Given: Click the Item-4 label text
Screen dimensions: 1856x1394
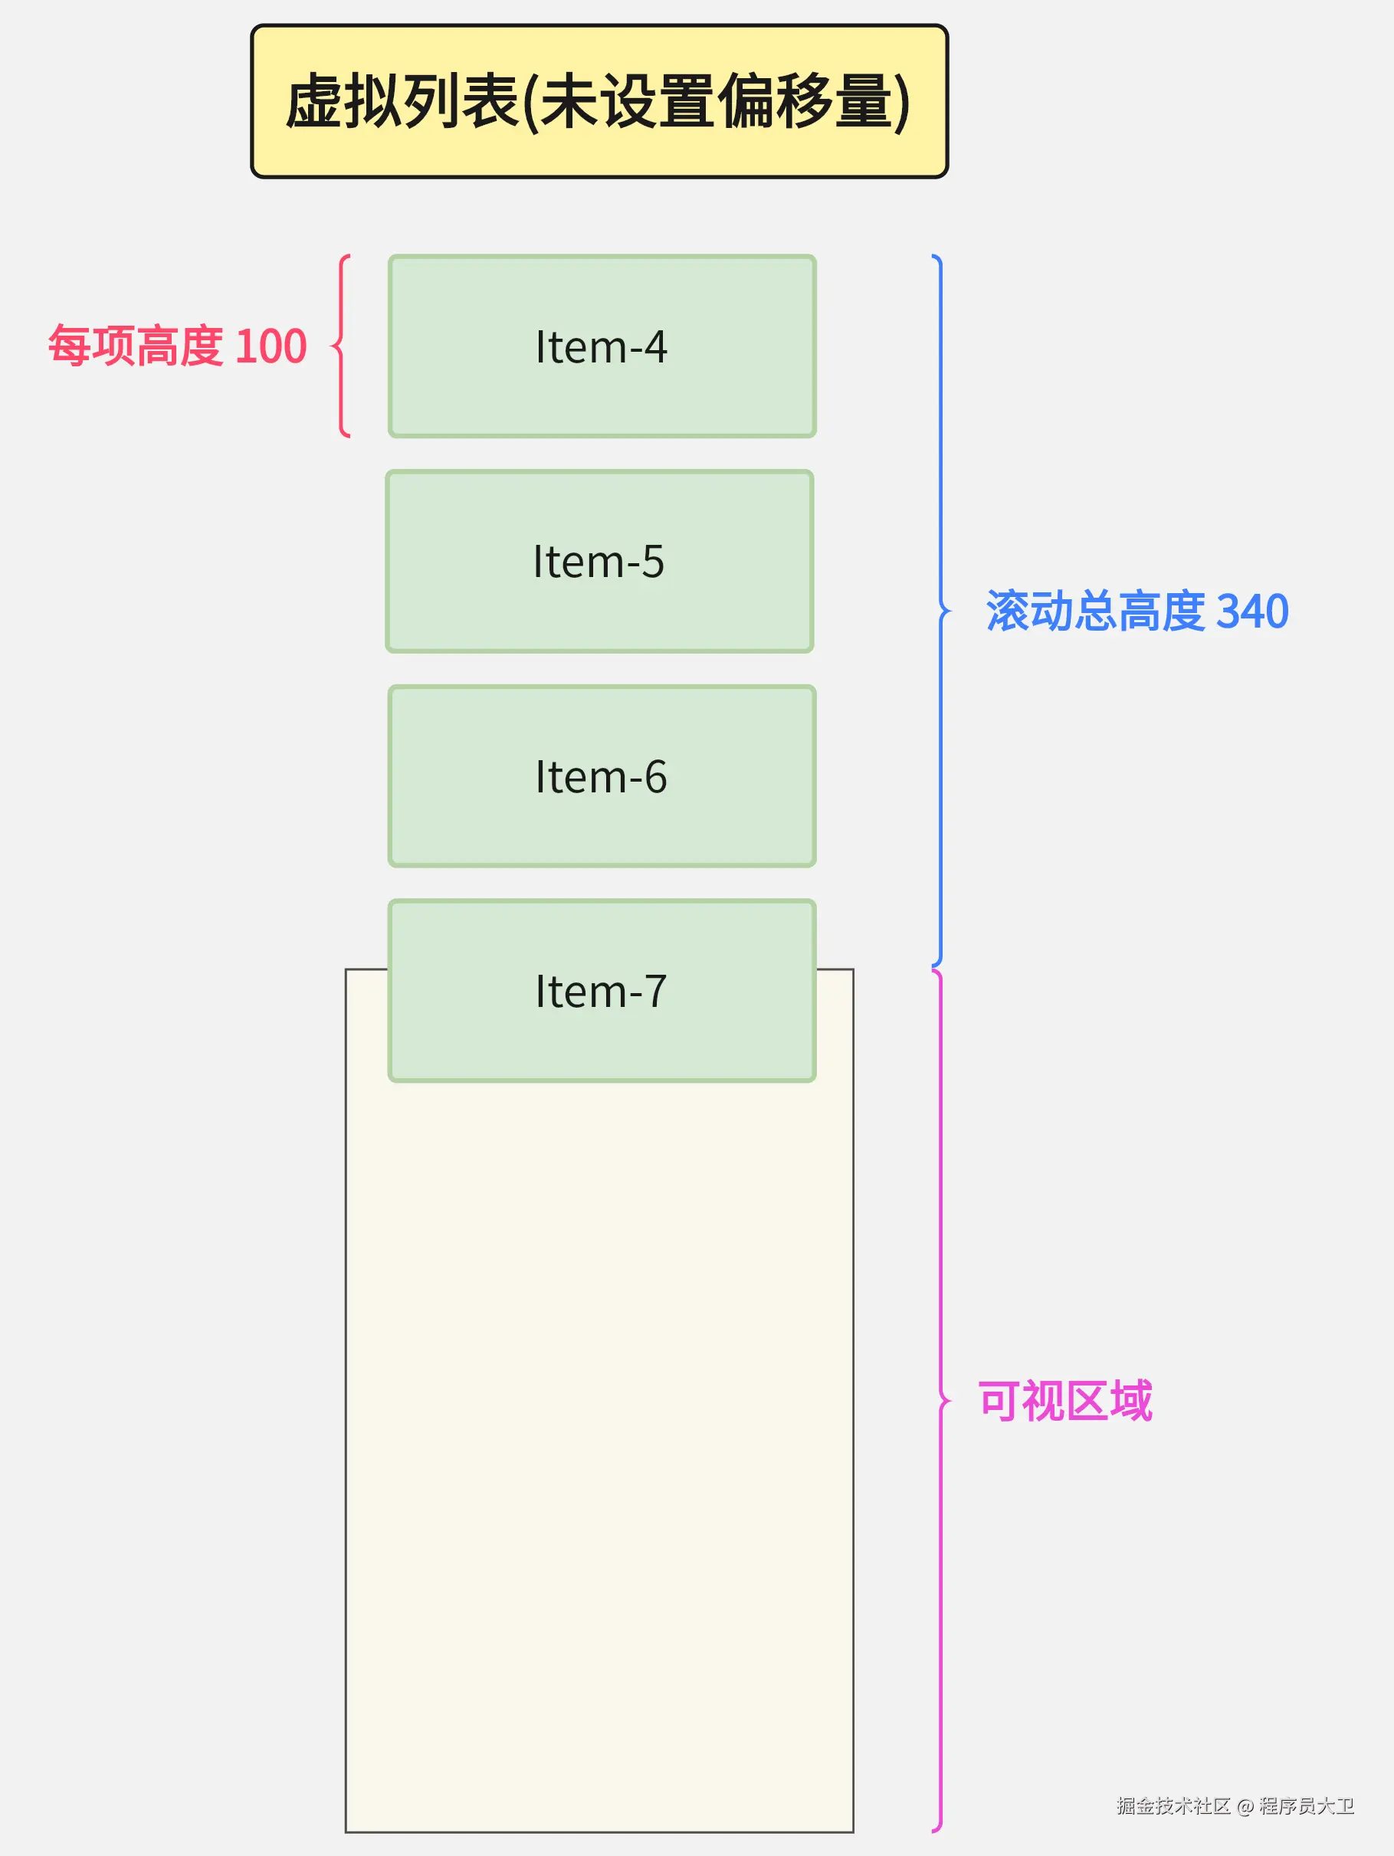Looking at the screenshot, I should (601, 346).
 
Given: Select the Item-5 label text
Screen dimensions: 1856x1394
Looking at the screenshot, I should (599, 562).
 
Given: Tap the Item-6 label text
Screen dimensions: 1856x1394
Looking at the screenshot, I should (601, 776).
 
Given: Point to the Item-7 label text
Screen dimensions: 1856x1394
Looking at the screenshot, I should (601, 991).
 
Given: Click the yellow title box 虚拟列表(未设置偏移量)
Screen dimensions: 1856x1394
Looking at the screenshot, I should (599, 100).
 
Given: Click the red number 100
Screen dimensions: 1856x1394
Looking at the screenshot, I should (271, 346).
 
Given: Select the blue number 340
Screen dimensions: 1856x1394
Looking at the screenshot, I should (1251, 611).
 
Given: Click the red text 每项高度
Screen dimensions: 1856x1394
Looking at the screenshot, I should (136, 346).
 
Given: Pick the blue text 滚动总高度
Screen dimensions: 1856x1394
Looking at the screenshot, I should (1095, 611).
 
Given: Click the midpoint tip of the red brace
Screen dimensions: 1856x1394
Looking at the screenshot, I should (333, 346).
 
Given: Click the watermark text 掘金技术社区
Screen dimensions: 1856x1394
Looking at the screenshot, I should (1173, 1805).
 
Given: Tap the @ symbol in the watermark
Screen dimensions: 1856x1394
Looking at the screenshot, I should (1245, 1806).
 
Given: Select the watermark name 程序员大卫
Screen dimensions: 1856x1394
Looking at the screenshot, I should (1307, 1805).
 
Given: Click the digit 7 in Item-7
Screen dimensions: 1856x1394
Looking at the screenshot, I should (654, 991).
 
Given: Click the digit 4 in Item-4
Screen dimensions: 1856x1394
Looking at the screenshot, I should (654, 346).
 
